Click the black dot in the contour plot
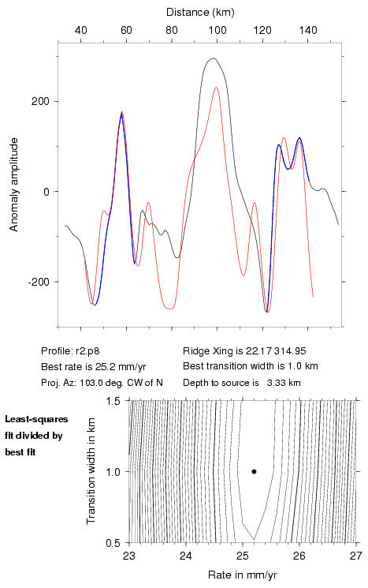[x=254, y=471]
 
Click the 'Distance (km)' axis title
[x=200, y=13]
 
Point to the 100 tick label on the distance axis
[x=217, y=30]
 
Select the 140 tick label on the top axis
[x=308, y=30]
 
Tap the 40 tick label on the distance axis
[x=81, y=30]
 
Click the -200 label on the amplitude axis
[x=39, y=282]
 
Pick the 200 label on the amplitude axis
[x=40, y=102]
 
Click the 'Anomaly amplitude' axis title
[x=14, y=185]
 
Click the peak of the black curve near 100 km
[x=214, y=58]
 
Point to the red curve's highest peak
[x=217, y=88]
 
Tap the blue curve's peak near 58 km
[x=121, y=112]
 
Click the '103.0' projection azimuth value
[x=91, y=383]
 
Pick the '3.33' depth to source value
[x=274, y=383]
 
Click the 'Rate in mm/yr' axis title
[x=243, y=575]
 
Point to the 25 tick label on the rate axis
[x=243, y=556]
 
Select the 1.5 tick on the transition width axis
[x=112, y=401]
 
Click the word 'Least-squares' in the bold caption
[x=36, y=419]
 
